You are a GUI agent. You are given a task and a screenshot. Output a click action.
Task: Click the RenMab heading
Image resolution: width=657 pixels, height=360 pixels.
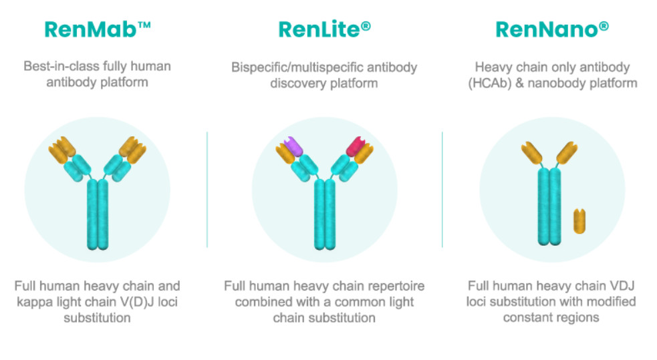(x=97, y=29)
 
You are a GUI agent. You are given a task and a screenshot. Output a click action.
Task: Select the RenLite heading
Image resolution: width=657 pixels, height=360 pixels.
(x=324, y=29)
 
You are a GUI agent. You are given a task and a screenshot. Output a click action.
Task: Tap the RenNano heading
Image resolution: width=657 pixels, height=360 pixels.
(x=552, y=29)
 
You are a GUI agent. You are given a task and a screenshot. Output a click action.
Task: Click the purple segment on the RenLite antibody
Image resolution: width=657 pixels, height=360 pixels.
(x=293, y=146)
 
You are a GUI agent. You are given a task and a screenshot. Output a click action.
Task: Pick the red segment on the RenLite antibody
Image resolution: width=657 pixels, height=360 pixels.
(x=356, y=146)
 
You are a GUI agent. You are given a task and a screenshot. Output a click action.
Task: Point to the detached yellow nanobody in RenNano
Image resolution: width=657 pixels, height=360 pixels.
(x=579, y=221)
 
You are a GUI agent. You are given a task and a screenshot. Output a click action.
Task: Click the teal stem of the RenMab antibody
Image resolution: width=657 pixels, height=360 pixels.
(x=98, y=214)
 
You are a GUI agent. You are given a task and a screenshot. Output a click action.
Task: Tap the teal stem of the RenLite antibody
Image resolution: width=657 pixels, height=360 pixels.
(x=325, y=214)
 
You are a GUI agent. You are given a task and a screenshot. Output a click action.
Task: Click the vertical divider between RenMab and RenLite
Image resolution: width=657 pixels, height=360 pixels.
(x=207, y=190)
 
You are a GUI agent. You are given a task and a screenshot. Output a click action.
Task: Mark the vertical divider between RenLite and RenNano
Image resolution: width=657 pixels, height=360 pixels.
(x=442, y=190)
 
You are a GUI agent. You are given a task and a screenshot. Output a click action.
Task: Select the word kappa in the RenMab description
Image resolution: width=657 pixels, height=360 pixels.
(x=33, y=303)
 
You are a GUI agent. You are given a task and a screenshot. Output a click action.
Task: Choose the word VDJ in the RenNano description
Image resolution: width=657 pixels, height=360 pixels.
(x=622, y=286)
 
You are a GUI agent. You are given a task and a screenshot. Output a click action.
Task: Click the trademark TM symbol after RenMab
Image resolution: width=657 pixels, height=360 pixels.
(x=144, y=25)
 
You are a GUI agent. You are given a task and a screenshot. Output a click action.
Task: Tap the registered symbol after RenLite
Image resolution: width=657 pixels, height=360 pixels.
(x=366, y=26)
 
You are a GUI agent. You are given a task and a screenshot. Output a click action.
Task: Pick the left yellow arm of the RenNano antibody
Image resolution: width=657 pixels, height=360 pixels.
(x=532, y=153)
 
